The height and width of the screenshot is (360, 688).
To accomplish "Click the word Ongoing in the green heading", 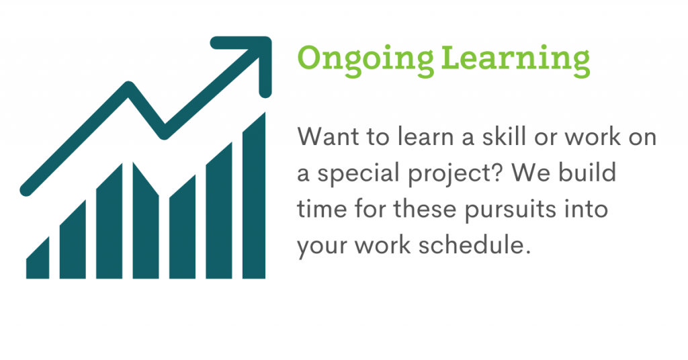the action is tap(365, 61).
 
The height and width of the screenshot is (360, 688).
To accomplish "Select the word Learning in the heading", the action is tap(515, 61).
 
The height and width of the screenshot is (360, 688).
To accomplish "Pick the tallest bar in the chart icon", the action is tap(253, 195).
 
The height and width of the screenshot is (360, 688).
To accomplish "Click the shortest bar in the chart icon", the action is tap(38, 258).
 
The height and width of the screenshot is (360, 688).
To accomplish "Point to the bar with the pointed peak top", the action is tap(146, 220).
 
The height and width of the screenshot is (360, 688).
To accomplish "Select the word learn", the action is tap(425, 136).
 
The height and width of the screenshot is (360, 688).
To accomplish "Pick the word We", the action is tap(531, 173).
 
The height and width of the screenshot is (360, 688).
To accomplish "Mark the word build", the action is tap(588, 173).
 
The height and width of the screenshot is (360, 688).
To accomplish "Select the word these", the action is tap(425, 208).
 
